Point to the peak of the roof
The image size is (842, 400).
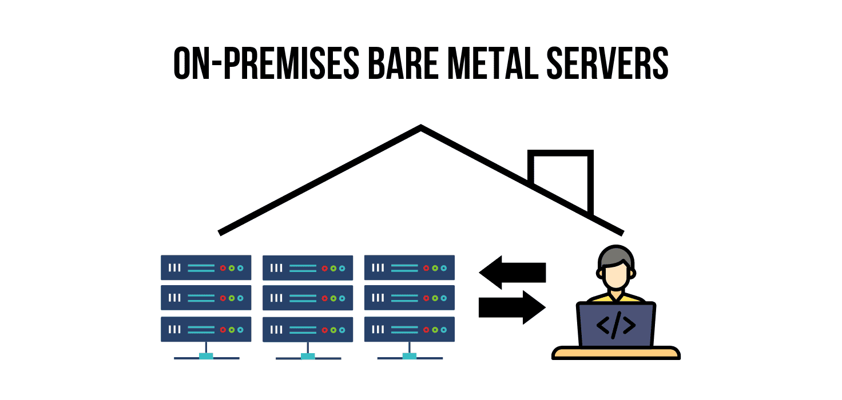coord(421,127)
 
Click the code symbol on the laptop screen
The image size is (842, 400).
coord(615,325)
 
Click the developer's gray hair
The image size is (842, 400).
coord(615,255)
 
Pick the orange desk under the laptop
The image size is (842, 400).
coord(616,353)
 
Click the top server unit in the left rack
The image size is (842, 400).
coord(206,267)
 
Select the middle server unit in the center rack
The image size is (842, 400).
coord(308,298)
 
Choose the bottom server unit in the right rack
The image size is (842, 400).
coord(410,329)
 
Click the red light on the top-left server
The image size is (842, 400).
coord(223,267)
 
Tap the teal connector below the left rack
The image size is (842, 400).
coord(206,357)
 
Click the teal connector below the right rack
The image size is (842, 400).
coord(410,357)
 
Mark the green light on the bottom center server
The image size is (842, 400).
coord(333,330)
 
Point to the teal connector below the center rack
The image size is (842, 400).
coord(308,357)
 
